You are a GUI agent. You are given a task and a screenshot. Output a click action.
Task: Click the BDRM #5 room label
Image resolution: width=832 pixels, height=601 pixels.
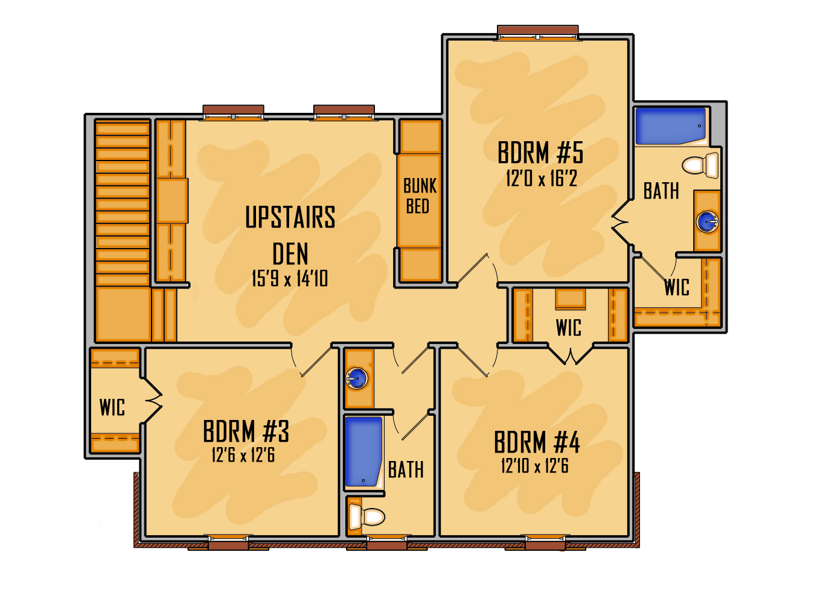[x=540, y=153]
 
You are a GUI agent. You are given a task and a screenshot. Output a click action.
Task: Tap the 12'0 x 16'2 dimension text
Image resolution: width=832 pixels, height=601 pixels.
[x=542, y=179]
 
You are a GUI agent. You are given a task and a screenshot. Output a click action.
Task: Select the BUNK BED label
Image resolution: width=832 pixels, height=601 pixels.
[x=420, y=196]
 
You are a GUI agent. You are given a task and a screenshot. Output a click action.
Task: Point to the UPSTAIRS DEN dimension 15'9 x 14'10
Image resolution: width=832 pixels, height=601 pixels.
[x=290, y=278]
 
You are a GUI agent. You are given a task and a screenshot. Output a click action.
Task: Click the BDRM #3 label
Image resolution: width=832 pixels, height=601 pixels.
[x=246, y=431]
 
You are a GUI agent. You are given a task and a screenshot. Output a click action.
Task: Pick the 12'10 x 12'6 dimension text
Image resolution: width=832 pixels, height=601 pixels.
[x=535, y=466]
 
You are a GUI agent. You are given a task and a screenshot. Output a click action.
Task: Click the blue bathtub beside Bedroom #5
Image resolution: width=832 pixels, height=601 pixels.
[x=670, y=126]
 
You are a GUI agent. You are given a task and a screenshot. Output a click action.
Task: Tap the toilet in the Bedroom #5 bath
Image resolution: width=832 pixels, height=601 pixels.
[x=700, y=165]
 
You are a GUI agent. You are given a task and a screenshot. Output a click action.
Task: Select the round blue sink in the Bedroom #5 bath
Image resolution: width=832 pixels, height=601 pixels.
[x=708, y=221]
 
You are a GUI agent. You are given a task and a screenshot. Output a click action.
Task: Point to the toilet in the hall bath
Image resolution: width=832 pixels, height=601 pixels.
[x=366, y=517]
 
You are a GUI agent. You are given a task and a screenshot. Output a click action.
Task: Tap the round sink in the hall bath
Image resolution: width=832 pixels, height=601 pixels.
[x=357, y=378]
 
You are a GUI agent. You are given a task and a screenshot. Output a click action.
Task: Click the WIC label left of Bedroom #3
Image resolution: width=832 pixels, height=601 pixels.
[x=112, y=407]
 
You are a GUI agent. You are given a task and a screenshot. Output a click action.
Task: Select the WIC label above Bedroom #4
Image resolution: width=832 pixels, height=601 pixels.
[x=568, y=328]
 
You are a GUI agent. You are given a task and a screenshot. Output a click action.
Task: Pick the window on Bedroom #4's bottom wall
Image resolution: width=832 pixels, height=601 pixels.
[x=545, y=542]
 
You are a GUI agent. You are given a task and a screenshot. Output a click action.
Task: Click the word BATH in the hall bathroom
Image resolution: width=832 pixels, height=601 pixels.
[x=406, y=470]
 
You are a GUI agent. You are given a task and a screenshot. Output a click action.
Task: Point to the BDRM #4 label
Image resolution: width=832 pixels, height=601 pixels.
[x=537, y=442]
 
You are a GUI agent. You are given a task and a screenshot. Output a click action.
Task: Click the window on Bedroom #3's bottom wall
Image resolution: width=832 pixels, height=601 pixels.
[x=228, y=542]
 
